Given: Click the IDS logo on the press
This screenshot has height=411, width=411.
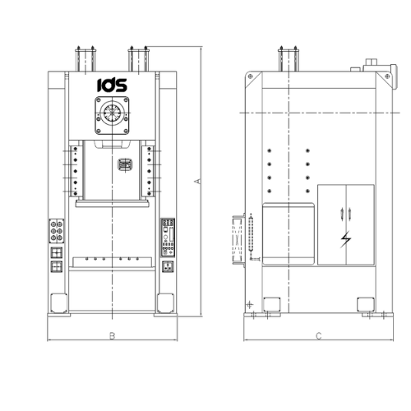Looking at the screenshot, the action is (x=112, y=85).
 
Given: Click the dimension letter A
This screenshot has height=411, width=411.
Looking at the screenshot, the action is (x=197, y=181).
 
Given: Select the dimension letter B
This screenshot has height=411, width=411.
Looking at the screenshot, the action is (x=112, y=335).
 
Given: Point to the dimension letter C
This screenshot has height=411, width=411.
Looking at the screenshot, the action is (x=319, y=336).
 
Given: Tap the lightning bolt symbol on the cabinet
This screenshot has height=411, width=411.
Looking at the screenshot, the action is (x=346, y=239).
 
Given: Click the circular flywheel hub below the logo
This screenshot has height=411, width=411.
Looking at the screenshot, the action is (x=112, y=113).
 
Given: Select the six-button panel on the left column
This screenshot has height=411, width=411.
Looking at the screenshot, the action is (x=57, y=231).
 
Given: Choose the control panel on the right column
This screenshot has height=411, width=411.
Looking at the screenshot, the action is (x=168, y=238).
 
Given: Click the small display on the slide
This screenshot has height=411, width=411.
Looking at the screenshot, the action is (x=125, y=164).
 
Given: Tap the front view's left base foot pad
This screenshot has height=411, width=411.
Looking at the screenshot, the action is (x=59, y=303).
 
